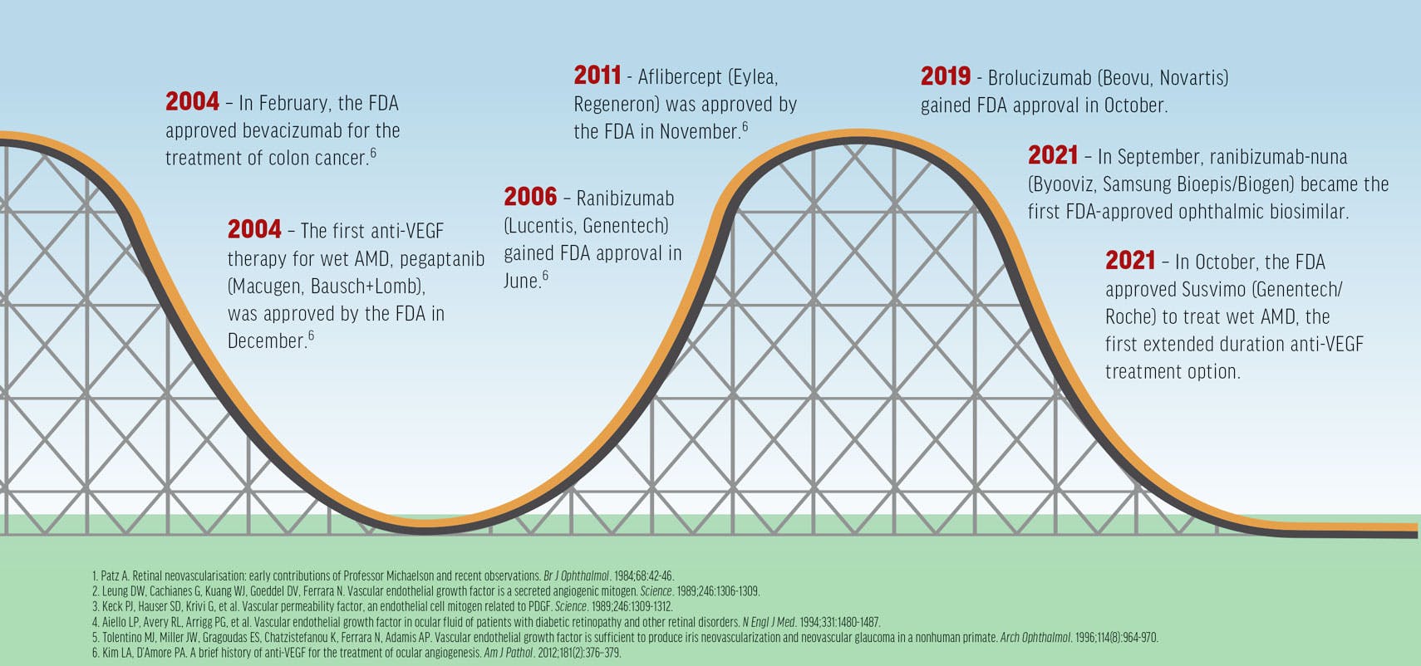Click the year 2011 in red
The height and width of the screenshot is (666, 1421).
597,76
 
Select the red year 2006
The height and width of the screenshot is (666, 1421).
529,197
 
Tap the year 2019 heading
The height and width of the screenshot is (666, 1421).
945,76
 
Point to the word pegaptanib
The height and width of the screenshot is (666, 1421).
441,258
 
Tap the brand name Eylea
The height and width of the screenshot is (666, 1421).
754,77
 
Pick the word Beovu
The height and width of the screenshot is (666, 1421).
1126,78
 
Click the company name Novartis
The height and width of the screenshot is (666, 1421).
1192,78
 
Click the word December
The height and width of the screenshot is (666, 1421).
266,340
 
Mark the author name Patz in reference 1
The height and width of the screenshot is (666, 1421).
109,575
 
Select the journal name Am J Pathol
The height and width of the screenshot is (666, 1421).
509,654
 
